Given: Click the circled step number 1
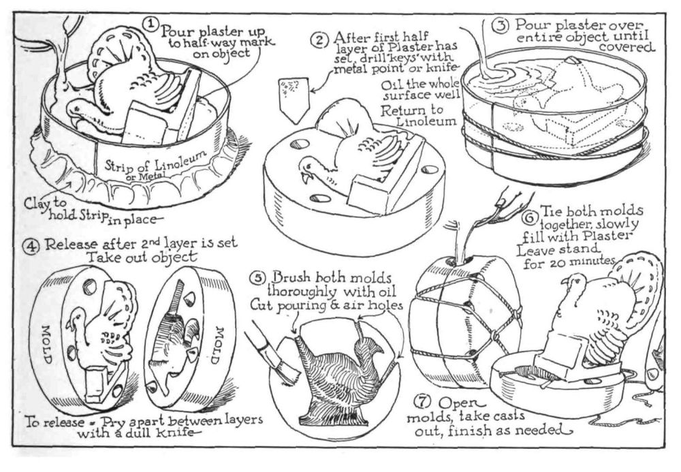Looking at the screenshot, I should pyautogui.click(x=149, y=22).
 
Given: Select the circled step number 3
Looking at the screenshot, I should pyautogui.click(x=500, y=25).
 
